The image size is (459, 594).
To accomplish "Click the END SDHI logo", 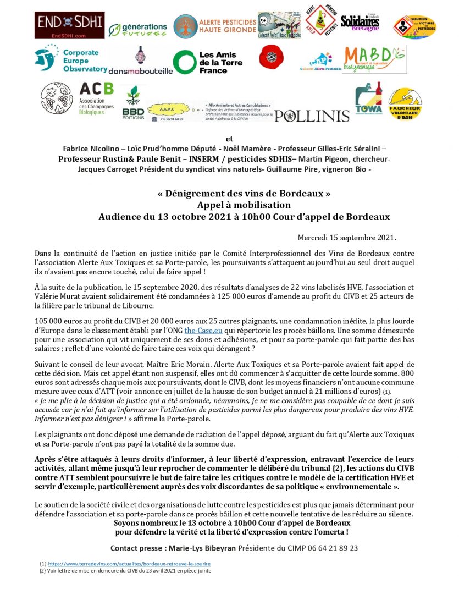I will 62,25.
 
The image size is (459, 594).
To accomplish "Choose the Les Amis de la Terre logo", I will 207,63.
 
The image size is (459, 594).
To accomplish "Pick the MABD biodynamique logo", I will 374,59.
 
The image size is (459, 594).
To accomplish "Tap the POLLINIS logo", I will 312,116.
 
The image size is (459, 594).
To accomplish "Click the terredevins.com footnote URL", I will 129,564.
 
